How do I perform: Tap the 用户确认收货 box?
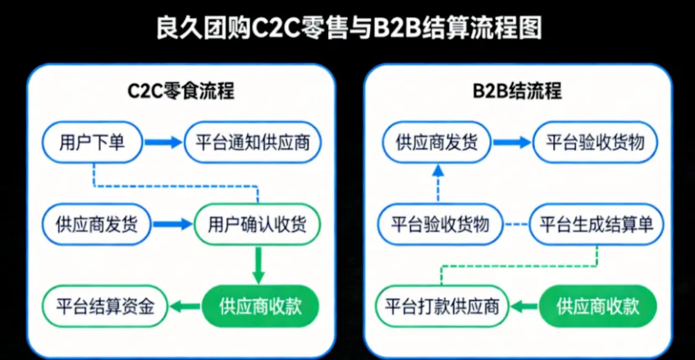pos(258,223)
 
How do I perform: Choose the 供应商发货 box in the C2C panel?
pos(92,223)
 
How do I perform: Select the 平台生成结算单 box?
pos(596,223)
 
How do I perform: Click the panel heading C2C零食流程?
pos(181,90)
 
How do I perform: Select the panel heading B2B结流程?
pos(518,90)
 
